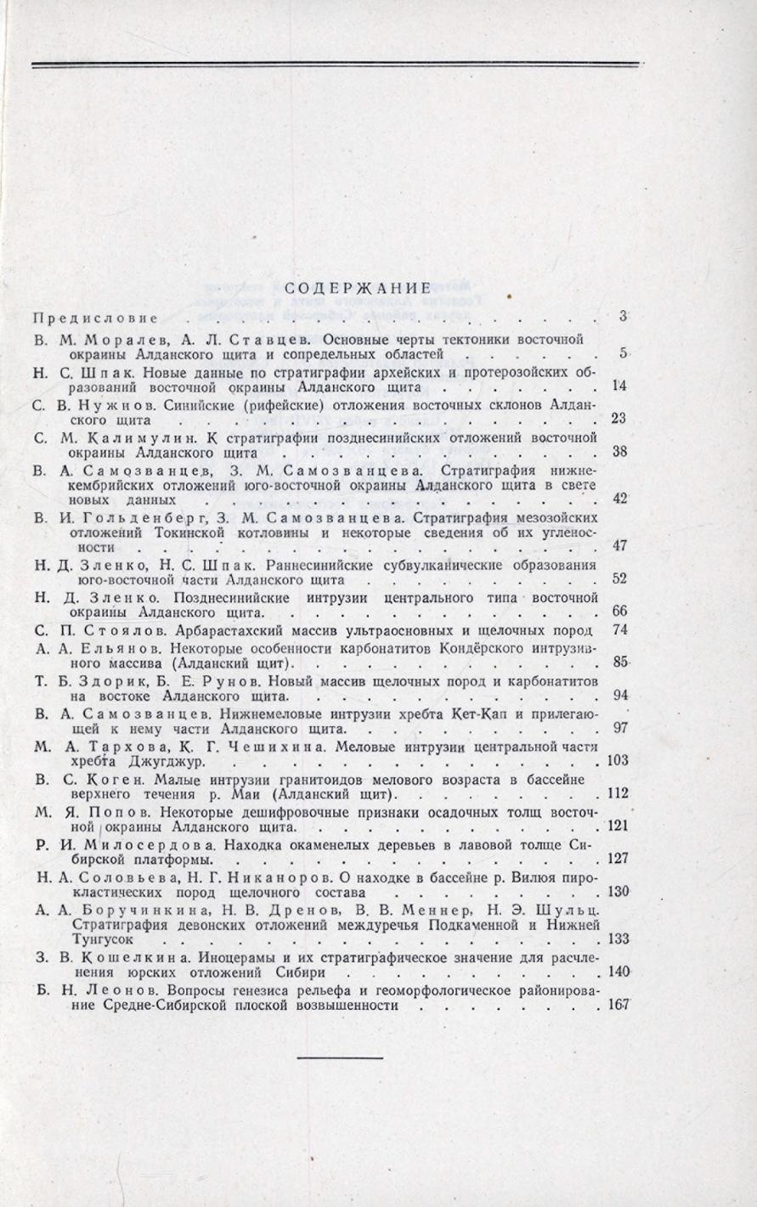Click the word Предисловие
tap(96, 319)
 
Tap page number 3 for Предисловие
tap(623, 318)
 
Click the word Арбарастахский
tap(227, 630)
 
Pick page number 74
tap(620, 630)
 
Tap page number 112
tap(618, 793)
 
